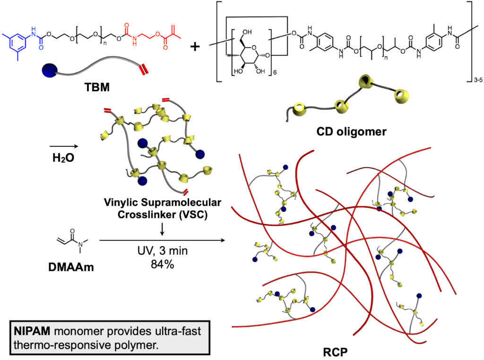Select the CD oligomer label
(351, 132)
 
